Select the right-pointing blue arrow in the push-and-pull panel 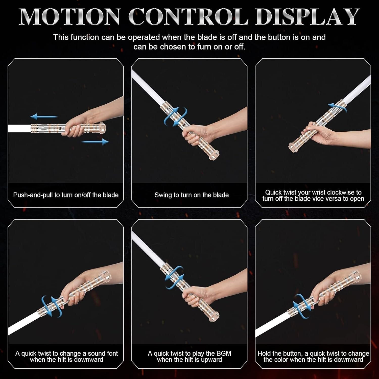pos(95,142)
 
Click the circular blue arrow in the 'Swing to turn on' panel pos(176,117)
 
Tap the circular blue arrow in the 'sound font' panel pos(52,306)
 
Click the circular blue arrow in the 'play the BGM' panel pos(174,277)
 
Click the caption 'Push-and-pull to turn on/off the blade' pos(66,195)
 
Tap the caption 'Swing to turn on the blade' pos(192,195)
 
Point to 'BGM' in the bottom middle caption pos(224,353)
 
